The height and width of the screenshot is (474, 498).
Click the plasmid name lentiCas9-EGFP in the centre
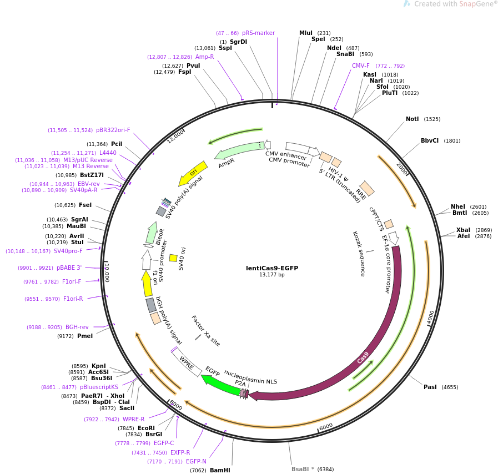tap(272, 268)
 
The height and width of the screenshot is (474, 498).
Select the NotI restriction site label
tap(413, 119)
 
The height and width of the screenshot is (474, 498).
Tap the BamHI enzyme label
tap(220, 470)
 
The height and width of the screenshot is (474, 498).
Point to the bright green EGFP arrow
tap(222, 385)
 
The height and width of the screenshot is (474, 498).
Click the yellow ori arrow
tap(193, 173)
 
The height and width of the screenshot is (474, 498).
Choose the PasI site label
tap(430, 387)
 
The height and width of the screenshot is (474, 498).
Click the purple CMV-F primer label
tap(360, 65)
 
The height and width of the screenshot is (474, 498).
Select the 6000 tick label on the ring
tap(326, 427)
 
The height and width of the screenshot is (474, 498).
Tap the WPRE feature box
tap(187, 362)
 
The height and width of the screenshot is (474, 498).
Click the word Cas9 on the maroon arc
tap(363, 357)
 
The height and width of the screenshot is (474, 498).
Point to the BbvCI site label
tap(430, 140)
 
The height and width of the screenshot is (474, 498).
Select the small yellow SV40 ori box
tap(173, 258)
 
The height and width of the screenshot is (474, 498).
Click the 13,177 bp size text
tap(272, 275)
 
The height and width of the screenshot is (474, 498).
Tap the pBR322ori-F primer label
tap(113, 130)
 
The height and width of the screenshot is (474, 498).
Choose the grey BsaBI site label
tap(300, 469)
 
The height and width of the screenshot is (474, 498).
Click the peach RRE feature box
tap(367, 189)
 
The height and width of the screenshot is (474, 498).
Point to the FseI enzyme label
tap(85, 205)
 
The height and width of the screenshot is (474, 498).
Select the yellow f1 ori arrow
tap(147, 284)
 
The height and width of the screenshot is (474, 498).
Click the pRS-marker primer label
tap(258, 33)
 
